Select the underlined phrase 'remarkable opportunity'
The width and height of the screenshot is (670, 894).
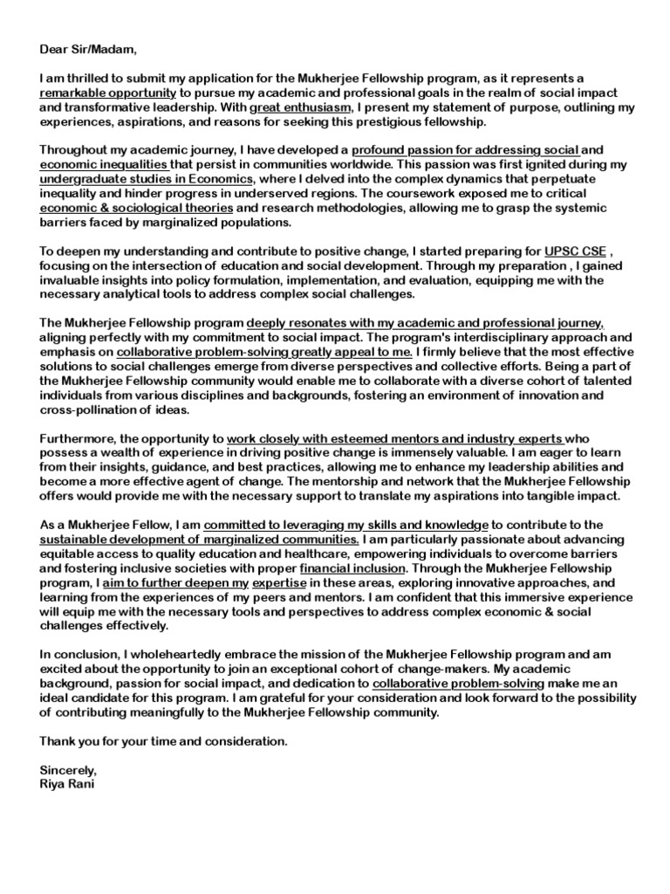108,92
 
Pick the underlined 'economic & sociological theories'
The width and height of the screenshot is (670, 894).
137,207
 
